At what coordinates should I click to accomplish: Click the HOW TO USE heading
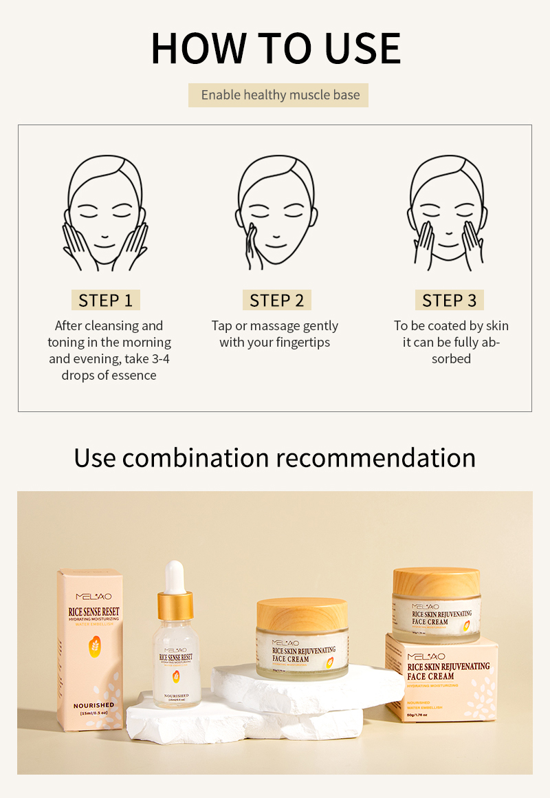click(x=275, y=48)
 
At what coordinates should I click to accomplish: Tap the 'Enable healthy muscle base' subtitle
click(x=278, y=95)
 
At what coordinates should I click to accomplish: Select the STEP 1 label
click(x=105, y=301)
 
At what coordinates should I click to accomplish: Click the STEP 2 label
click(x=276, y=301)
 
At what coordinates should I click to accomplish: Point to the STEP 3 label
click(x=449, y=301)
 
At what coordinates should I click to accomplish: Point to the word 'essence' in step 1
click(x=133, y=376)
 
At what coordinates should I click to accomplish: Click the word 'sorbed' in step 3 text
click(x=451, y=359)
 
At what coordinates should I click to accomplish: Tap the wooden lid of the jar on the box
click(x=436, y=581)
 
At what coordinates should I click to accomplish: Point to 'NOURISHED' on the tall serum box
click(x=94, y=705)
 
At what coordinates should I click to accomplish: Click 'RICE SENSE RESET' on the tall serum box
click(x=93, y=611)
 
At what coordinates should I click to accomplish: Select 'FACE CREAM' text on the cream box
click(x=430, y=677)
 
